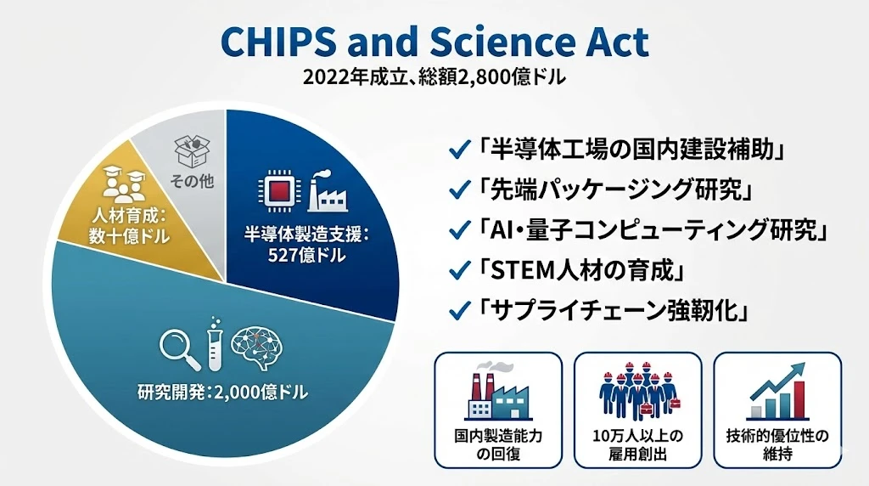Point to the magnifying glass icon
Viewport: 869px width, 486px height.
[180, 349]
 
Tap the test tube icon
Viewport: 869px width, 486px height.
[215, 344]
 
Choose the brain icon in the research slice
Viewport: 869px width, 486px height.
[256, 348]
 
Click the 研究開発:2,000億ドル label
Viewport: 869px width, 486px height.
[222, 393]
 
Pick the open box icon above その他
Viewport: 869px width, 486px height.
[193, 151]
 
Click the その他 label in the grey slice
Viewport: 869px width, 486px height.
[192, 181]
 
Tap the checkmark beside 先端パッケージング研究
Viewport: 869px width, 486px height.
[459, 190]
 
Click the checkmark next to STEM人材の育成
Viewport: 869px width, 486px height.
[459, 271]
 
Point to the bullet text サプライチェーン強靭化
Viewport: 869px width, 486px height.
[613, 311]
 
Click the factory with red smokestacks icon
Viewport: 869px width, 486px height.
[497, 392]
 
